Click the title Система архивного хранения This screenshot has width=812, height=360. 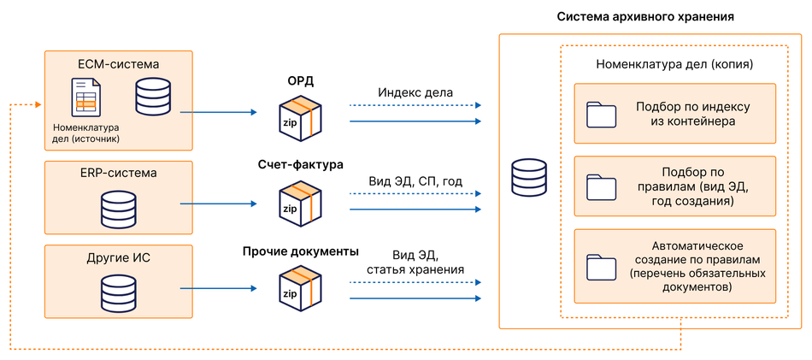coord(645,16)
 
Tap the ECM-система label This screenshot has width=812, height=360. coord(119,63)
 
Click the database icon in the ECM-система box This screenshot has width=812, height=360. coord(153,96)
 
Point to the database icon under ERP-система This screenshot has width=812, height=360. coord(118,208)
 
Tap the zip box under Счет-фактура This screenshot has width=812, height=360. coord(300,201)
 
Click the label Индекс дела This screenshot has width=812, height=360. coord(415,92)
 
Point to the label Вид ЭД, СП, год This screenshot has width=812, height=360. coord(415,181)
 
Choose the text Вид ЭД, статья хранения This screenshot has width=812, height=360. coord(415,262)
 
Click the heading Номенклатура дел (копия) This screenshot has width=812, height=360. coord(674,64)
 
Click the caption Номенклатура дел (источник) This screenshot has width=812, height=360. coord(85,133)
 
